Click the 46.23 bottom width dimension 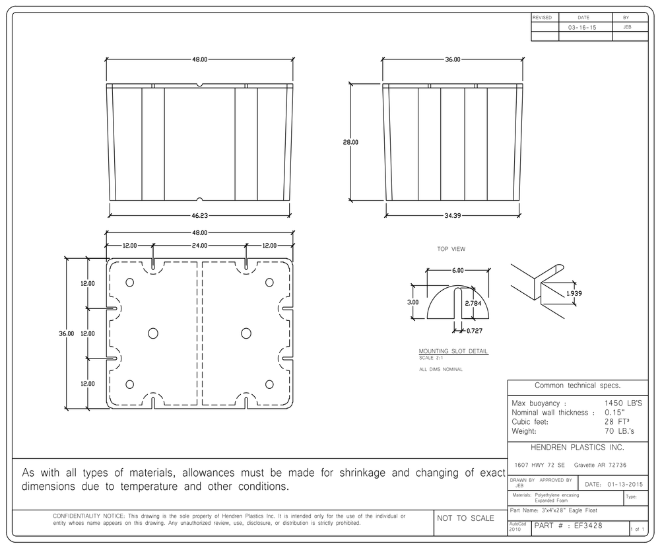[x=200, y=216]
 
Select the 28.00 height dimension [x=350, y=143]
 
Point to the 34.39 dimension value [x=453, y=216]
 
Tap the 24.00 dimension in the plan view [x=199, y=246]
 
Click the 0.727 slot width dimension [x=475, y=331]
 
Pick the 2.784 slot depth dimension [x=473, y=303]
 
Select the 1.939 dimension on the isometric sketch [x=574, y=294]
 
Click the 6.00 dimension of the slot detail [x=458, y=271]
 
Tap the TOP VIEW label [x=451, y=249]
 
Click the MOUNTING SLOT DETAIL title [x=453, y=351]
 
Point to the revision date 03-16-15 [x=582, y=27]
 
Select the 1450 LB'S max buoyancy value [x=624, y=403]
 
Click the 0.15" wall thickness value [x=615, y=413]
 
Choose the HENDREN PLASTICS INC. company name [x=577, y=448]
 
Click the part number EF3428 [x=588, y=526]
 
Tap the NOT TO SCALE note [x=465, y=518]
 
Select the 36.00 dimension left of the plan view [x=66, y=333]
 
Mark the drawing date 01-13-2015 [x=625, y=485]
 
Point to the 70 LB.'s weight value [x=619, y=431]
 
